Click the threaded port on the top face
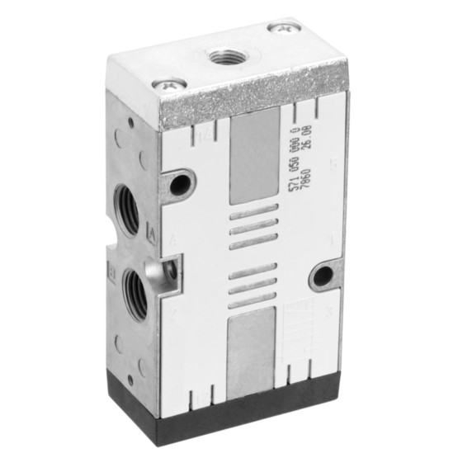223,57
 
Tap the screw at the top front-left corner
168,83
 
